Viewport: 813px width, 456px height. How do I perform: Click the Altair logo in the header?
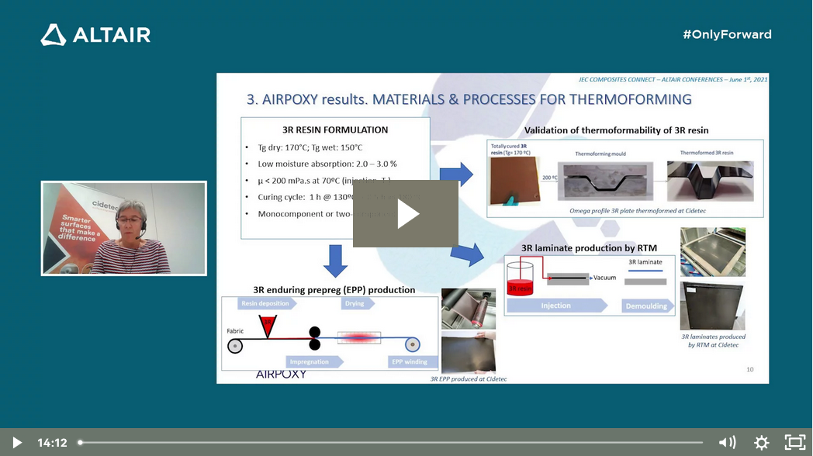tap(95, 35)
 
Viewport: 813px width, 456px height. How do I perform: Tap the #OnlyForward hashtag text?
tap(727, 34)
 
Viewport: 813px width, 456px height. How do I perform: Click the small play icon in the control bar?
tap(16, 443)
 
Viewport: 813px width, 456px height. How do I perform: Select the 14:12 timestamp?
tap(52, 443)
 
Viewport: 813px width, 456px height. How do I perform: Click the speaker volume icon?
tap(727, 443)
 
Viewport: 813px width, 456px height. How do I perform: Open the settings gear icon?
tap(761, 443)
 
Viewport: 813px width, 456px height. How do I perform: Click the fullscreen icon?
tap(794, 443)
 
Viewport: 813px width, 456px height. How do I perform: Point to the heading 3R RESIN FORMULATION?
tap(335, 130)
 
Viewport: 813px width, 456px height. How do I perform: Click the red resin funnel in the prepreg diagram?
tap(267, 326)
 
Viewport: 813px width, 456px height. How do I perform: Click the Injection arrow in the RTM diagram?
tap(555, 306)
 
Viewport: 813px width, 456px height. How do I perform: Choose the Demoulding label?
tap(645, 306)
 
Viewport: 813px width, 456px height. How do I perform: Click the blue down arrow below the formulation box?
tap(335, 261)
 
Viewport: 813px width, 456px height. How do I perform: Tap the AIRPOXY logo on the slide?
tap(281, 374)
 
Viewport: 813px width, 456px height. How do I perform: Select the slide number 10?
tap(749, 369)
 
